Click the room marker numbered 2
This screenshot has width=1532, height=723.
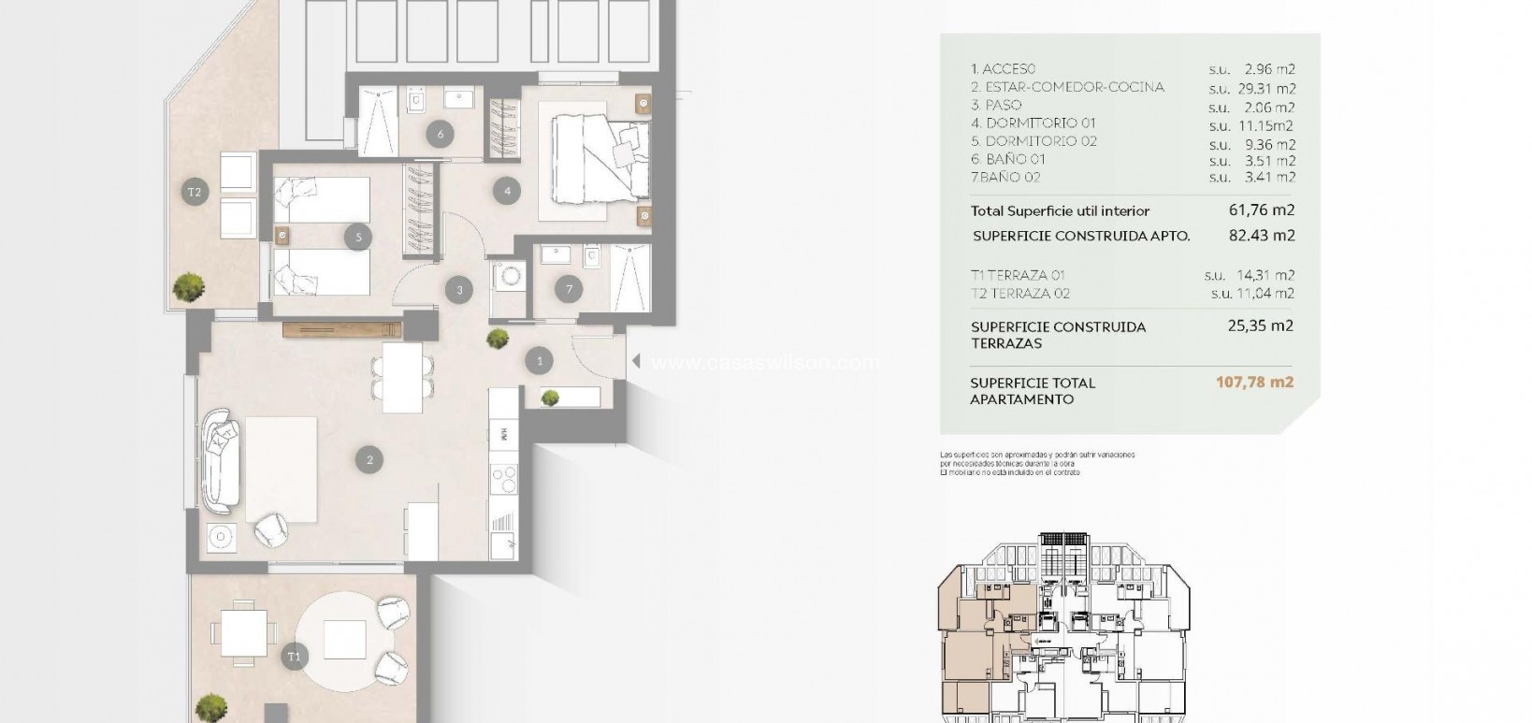click(x=369, y=459)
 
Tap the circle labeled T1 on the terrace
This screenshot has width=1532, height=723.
click(x=295, y=657)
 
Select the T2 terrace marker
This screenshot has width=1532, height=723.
click(x=195, y=193)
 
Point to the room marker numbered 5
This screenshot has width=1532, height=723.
click(x=358, y=238)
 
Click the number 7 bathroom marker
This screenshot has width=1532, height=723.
click(x=569, y=289)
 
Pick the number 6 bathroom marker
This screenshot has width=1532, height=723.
click(x=441, y=134)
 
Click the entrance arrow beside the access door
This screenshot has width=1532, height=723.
click(x=634, y=361)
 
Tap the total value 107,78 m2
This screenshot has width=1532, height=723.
click(x=1261, y=382)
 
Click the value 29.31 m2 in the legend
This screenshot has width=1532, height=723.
click(x=1269, y=88)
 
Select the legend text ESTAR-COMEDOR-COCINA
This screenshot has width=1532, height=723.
click(x=1067, y=87)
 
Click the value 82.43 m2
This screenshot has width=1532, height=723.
click(x=1261, y=236)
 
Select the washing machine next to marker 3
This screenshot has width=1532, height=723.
click(x=510, y=278)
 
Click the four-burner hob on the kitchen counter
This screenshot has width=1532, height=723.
click(x=504, y=479)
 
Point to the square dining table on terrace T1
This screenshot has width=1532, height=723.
click(x=243, y=633)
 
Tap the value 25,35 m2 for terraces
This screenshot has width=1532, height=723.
click(x=1261, y=326)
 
